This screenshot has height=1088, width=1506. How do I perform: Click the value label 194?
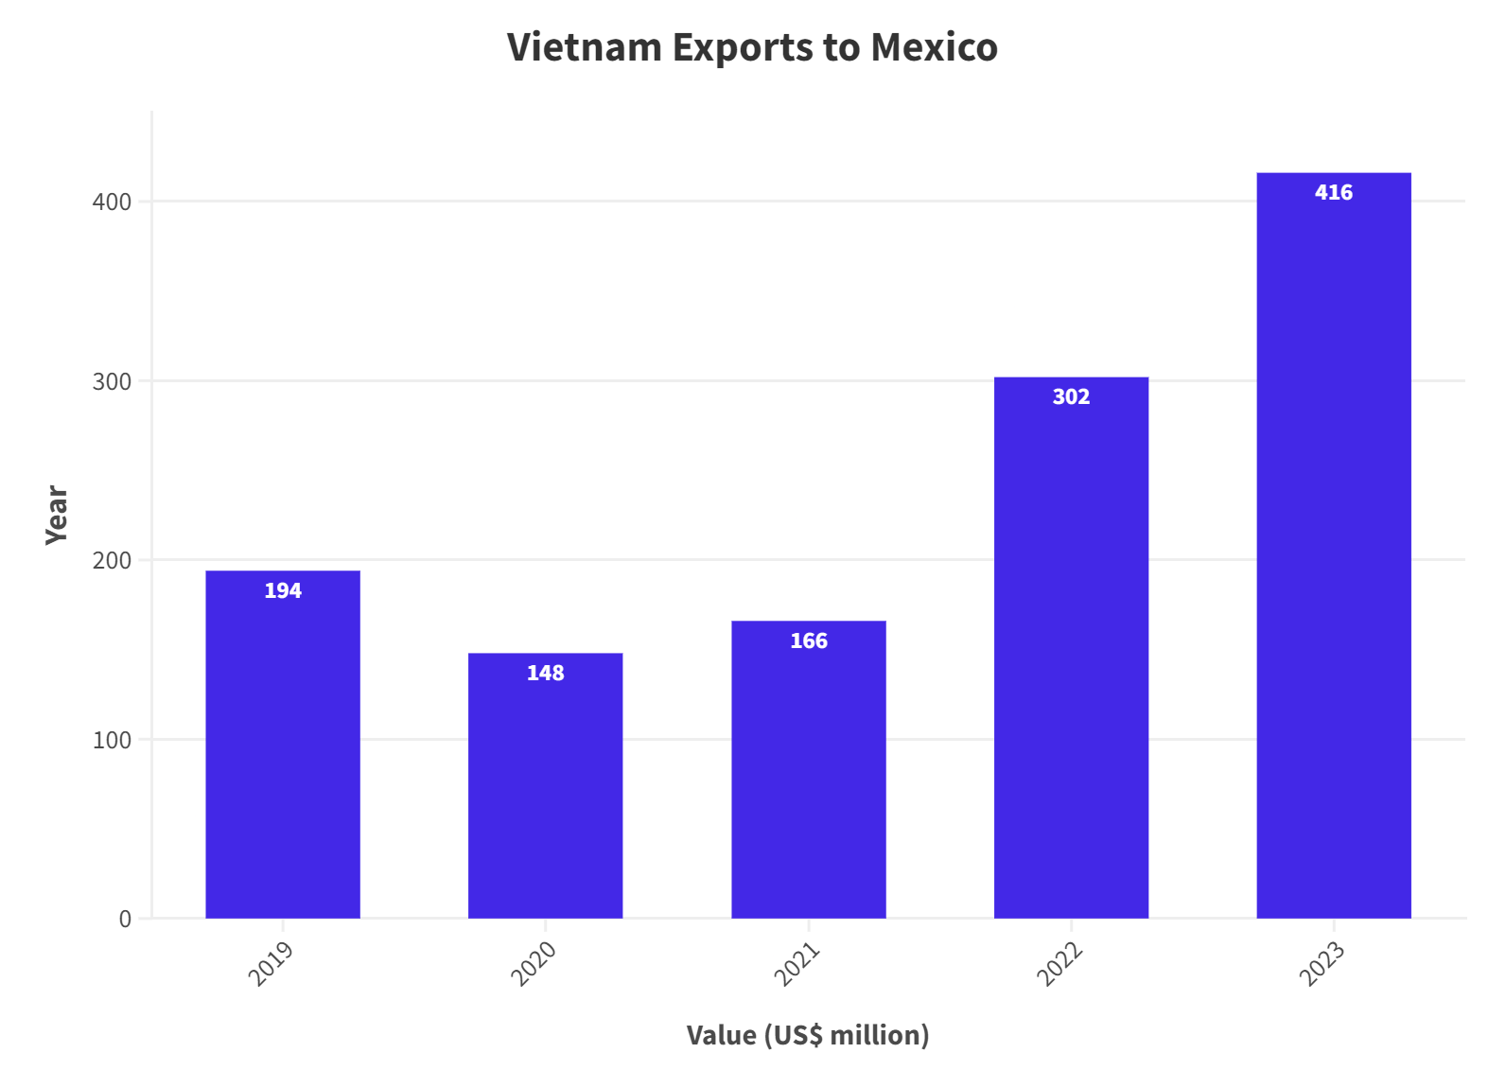283,591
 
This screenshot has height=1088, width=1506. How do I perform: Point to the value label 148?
545,674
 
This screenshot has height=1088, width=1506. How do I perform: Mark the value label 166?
808,641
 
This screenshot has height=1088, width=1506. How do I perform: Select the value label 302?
1071,397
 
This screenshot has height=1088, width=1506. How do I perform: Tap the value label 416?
1333,193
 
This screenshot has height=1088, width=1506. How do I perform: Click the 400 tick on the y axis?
112,202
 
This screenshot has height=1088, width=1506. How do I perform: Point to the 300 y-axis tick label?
112,382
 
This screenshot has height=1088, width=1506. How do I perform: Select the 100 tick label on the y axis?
112,741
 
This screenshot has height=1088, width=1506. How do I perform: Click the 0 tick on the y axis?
125,920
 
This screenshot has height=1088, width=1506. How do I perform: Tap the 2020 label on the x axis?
534,963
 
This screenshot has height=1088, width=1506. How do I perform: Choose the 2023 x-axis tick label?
1322,963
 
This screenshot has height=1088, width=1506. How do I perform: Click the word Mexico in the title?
934,47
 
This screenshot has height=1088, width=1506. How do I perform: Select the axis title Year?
57,515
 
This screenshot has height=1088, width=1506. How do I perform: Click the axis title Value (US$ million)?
808,1035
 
